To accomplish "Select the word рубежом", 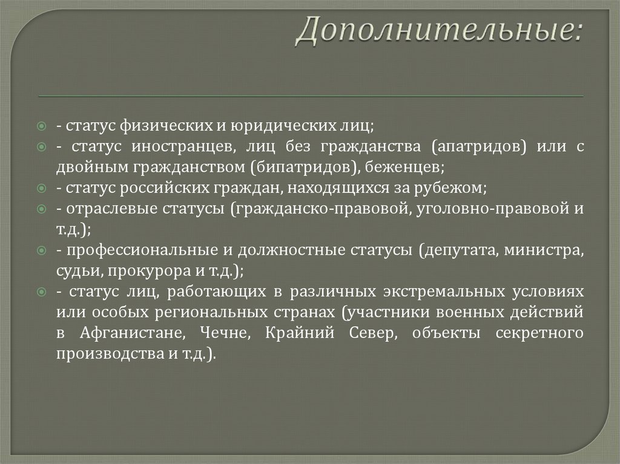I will pyautogui.click(x=454, y=188).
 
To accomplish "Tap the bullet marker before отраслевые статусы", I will pyautogui.click(x=41, y=209).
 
